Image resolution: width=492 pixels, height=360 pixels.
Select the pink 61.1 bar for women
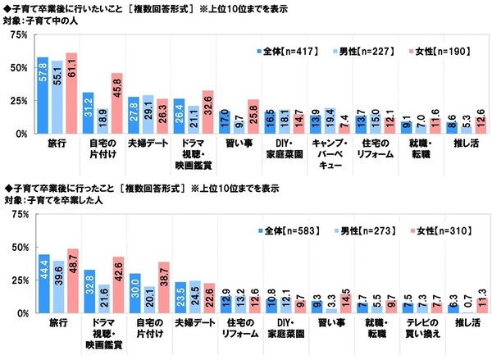[x=71, y=93]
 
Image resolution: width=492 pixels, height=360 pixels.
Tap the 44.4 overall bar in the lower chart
[x=42, y=282]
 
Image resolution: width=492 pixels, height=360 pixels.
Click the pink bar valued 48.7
[x=71, y=280]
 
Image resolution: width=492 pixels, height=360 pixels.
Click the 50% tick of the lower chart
[x=16, y=247]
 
